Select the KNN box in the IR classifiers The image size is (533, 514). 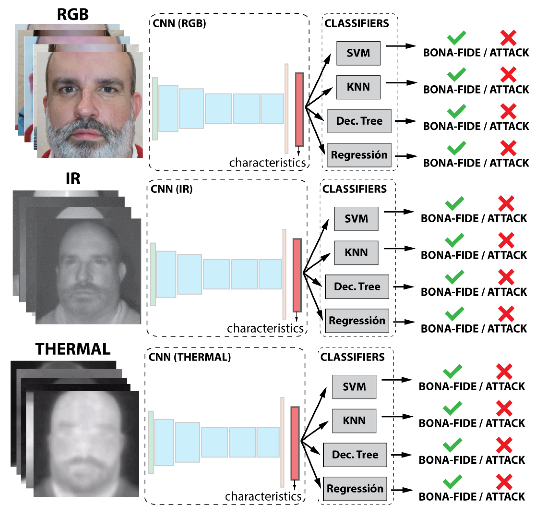tap(356, 253)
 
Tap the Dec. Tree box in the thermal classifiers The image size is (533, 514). tap(355, 455)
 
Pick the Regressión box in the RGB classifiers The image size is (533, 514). tap(359, 155)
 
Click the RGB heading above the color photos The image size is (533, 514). tap(73, 14)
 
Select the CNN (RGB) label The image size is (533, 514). tap(179, 23)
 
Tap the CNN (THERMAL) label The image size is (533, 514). tap(190, 357)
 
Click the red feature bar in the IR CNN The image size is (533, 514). tap(297, 275)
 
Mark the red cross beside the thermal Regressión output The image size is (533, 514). tap(504, 482)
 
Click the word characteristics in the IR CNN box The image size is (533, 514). tap(265, 328)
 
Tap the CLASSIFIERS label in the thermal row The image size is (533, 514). tap(352, 357)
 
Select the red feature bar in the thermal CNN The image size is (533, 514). tap(295, 443)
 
